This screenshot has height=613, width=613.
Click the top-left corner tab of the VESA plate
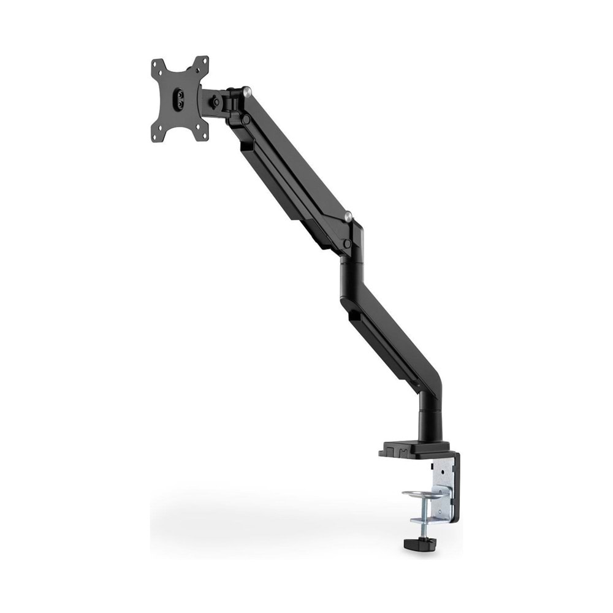click(157, 65)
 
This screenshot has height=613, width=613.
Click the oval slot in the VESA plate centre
click(180, 99)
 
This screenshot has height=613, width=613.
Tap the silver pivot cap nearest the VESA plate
click(246, 92)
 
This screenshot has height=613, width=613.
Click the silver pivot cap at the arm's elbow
click(348, 216)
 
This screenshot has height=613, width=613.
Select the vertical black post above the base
click(429, 420)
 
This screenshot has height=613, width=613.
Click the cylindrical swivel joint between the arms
click(352, 270)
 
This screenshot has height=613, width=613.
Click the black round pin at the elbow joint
click(348, 244)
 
